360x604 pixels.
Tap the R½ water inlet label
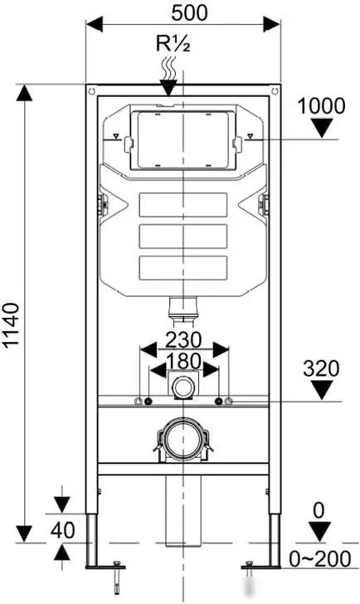pos(173,43)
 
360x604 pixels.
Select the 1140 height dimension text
pos(11,325)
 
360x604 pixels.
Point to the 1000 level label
pos(322,106)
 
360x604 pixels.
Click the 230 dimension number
pos(183,340)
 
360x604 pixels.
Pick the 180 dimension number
pos(183,362)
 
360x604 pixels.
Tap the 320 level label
pos(321,368)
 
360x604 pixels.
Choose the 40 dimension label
pos(63,530)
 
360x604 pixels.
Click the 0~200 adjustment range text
pos(320,559)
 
